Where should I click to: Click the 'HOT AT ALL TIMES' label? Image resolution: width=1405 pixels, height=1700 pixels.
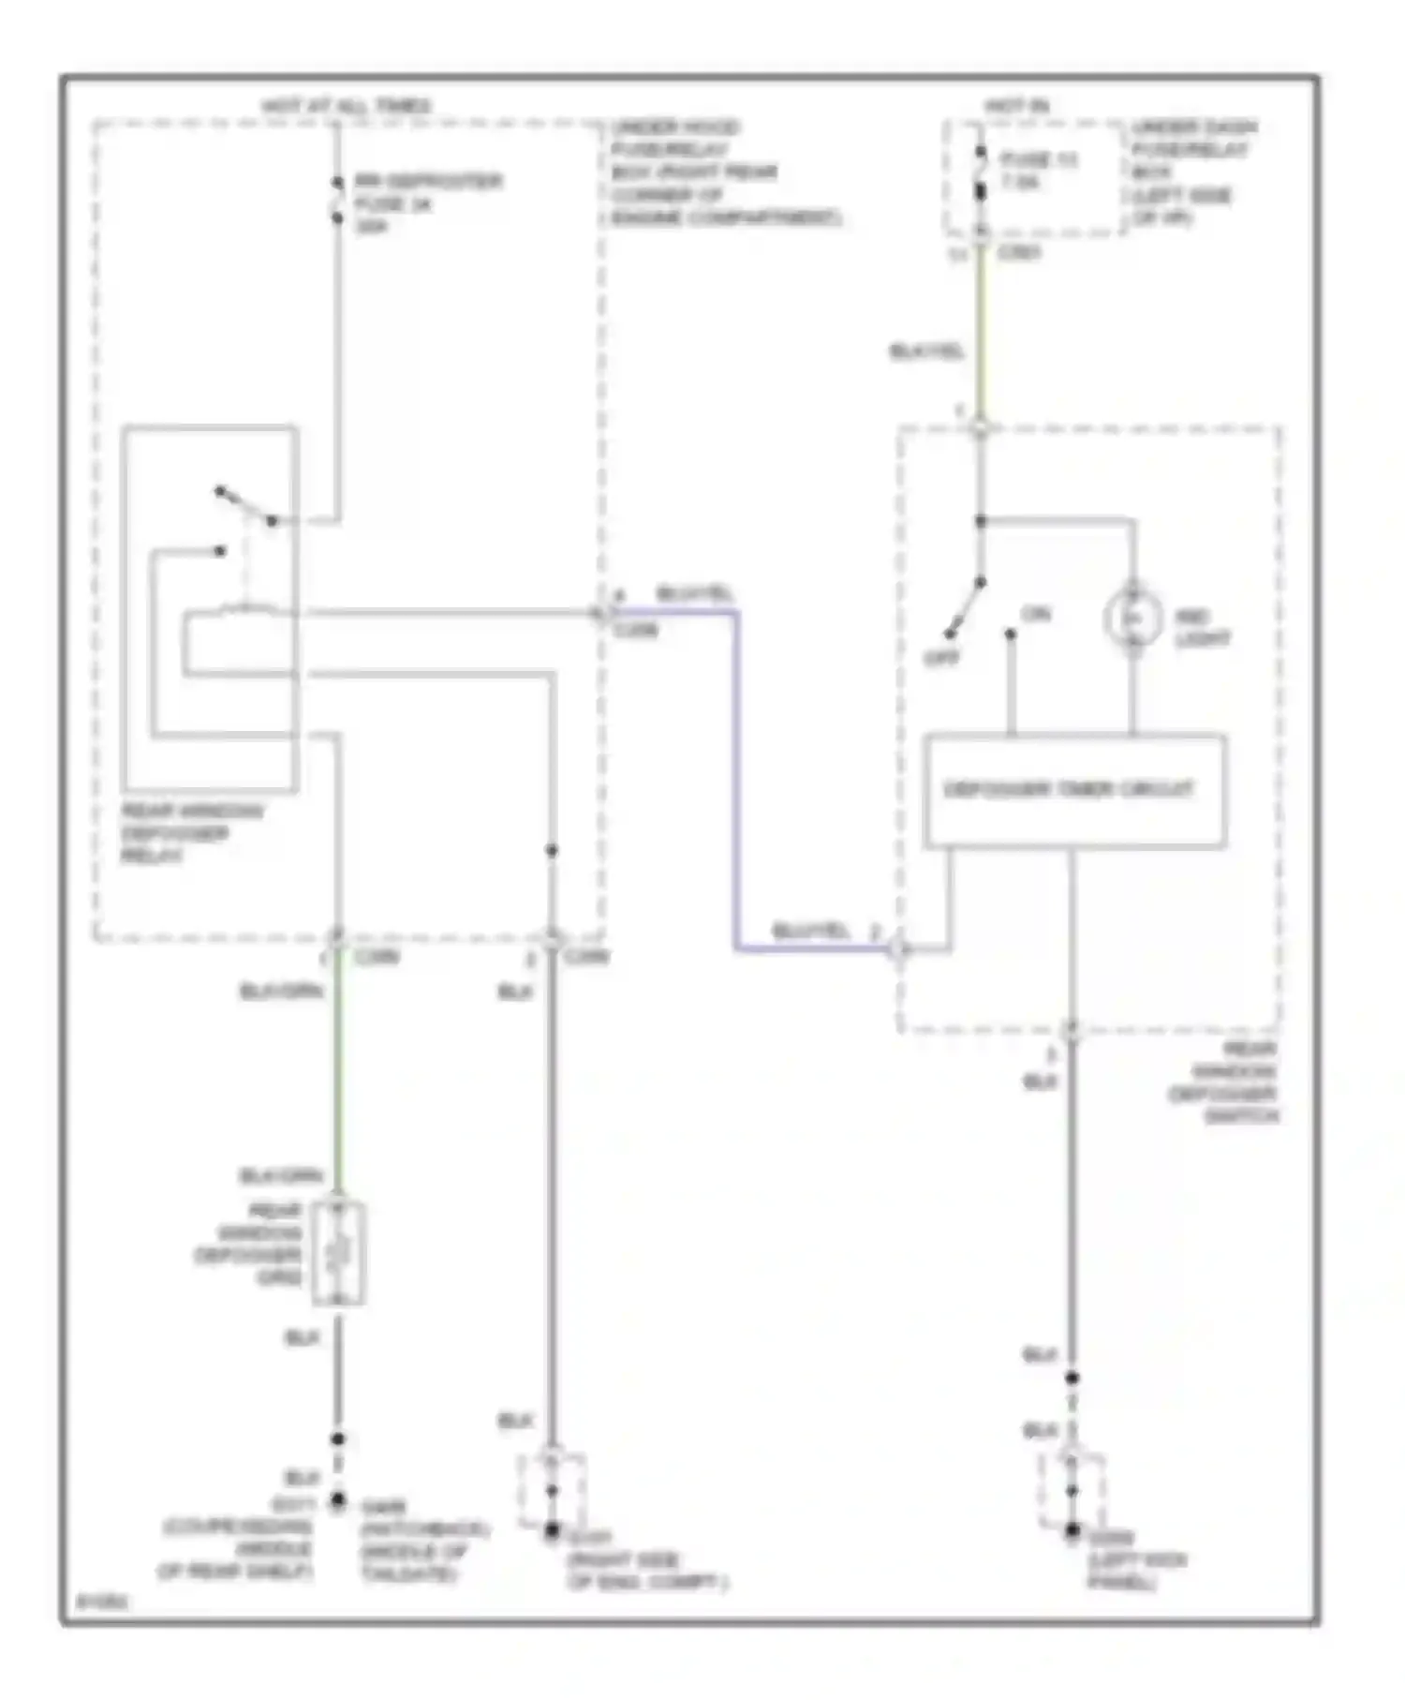[346, 106]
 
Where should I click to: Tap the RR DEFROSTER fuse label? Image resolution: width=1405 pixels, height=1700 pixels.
[427, 203]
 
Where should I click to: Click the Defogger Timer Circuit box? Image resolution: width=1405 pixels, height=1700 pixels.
[1073, 790]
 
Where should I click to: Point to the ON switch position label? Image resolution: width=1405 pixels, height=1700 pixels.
[1036, 615]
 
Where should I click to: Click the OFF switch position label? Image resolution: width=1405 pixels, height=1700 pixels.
[941, 659]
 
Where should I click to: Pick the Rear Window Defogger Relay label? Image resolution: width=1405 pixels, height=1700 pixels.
[192, 833]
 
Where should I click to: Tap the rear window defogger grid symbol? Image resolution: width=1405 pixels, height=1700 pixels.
[338, 1253]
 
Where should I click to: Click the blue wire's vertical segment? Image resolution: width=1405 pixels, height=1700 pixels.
[736, 778]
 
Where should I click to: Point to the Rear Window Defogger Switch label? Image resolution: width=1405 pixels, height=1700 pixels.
[1223, 1082]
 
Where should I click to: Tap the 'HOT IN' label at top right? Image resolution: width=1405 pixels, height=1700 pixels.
[1015, 107]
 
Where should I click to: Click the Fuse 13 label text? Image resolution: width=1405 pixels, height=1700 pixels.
[1038, 171]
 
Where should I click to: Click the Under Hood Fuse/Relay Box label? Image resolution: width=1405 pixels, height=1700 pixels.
[726, 173]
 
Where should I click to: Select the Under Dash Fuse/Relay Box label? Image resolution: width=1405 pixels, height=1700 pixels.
[1194, 171]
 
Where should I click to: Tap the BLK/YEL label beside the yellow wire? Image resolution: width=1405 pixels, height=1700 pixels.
[925, 352]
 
